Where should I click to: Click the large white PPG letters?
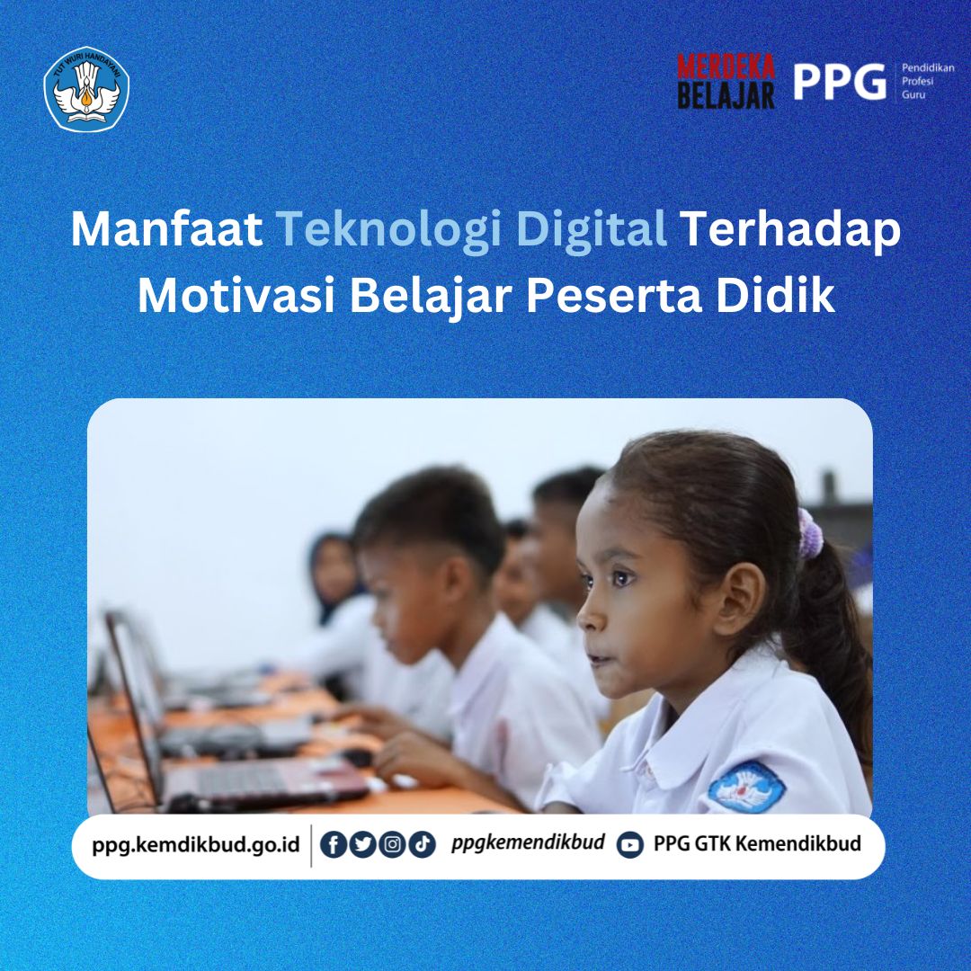839,82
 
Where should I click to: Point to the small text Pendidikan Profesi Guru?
928,81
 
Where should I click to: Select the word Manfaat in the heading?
166,231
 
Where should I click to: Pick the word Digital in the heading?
594,231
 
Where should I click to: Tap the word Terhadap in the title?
789,231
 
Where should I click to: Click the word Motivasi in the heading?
237,297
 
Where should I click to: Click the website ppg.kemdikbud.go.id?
195,845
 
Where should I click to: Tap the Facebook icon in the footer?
334,845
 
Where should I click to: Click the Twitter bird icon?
362,845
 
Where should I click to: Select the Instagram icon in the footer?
392,845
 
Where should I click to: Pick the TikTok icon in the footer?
422,845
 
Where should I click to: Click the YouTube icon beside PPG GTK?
630,845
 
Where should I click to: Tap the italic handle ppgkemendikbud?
528,844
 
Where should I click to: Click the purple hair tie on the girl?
811,533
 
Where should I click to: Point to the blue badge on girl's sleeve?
746,788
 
